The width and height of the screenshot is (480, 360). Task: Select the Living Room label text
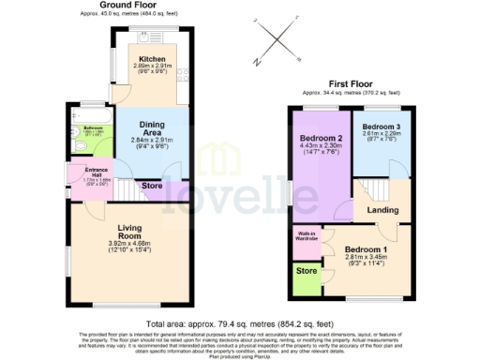click(136, 232)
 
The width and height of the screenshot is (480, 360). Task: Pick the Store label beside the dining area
click(152, 187)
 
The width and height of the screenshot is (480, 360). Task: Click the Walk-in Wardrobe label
click(307, 238)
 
